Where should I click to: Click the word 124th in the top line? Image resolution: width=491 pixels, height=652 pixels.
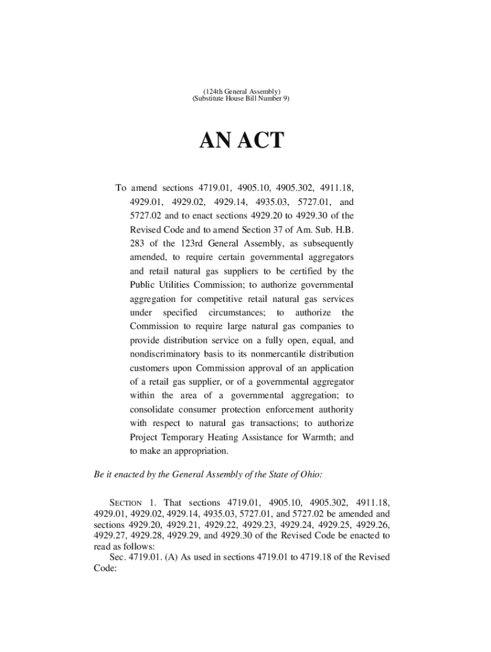pos(213,91)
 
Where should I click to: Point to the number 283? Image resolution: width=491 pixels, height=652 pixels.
pos(138,243)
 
